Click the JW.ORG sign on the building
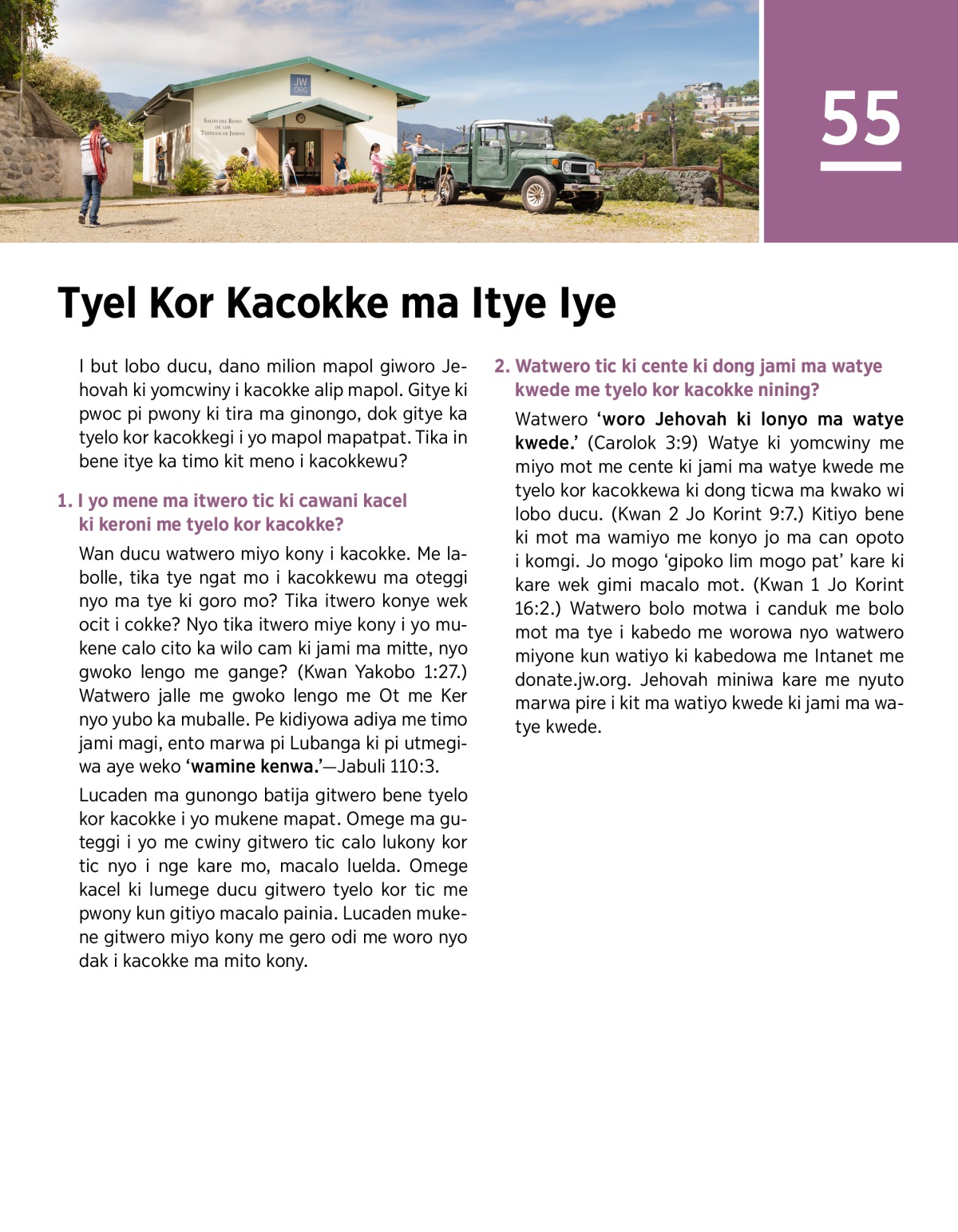300,85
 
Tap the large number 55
861,118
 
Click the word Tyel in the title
97,303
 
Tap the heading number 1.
64,501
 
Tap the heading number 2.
501,366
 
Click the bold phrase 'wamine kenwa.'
252,767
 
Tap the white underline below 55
861,166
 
